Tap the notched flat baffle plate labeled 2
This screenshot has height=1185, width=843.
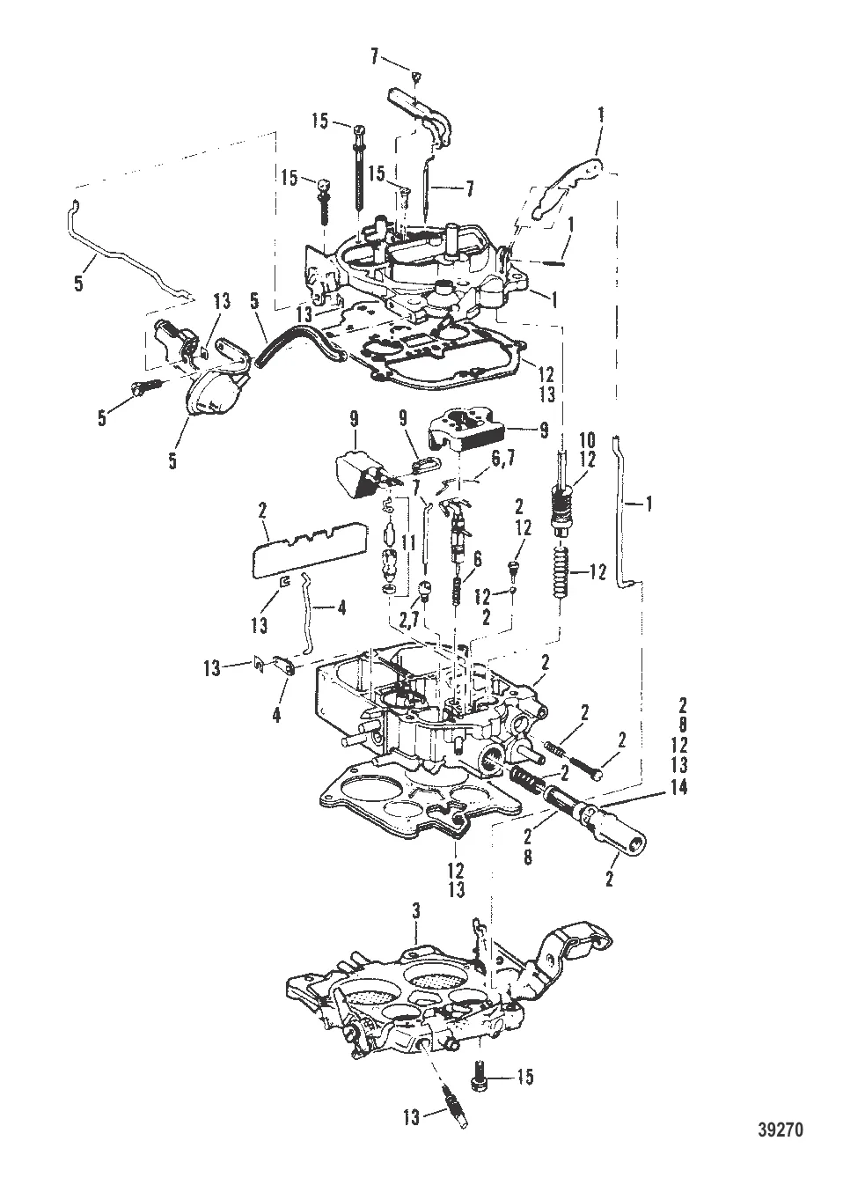308,546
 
